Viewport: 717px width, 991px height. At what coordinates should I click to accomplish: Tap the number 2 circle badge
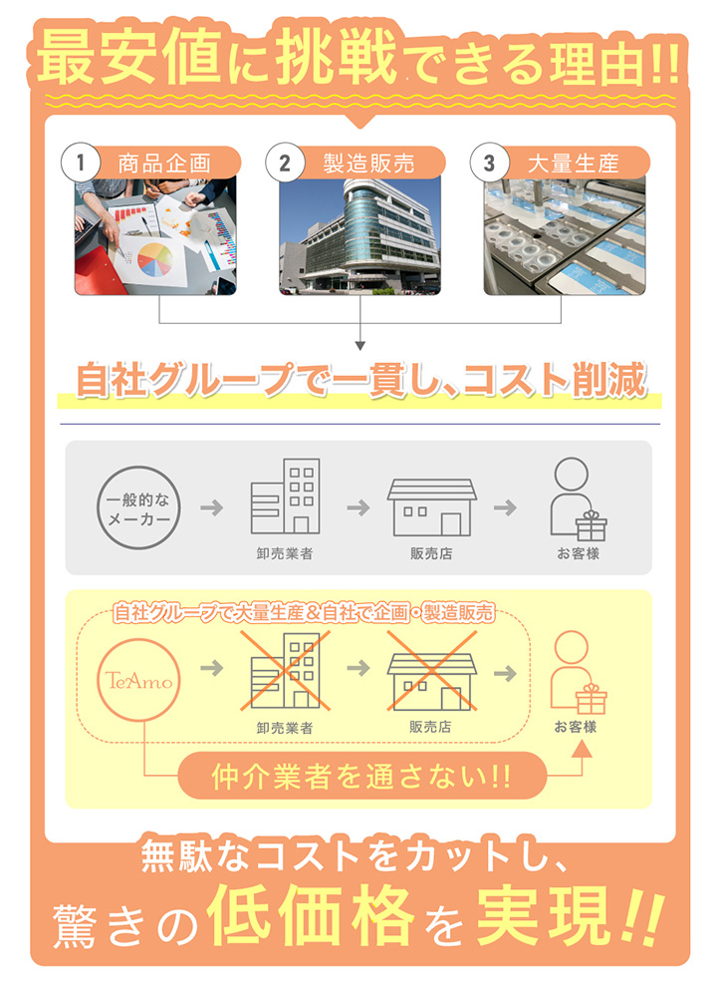284,163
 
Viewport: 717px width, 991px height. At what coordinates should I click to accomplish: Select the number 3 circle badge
488,163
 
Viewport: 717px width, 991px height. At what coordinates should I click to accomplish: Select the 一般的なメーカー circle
138,507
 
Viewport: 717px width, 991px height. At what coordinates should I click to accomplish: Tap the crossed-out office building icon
285,668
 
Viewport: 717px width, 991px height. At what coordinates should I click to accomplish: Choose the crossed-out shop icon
431,668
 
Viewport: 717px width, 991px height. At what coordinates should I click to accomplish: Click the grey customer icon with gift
577,499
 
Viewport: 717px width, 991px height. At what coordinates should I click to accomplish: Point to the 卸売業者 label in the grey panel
285,554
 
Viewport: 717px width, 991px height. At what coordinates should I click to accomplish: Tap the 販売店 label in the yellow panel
431,726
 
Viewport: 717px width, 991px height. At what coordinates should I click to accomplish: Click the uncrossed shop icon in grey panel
431,505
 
